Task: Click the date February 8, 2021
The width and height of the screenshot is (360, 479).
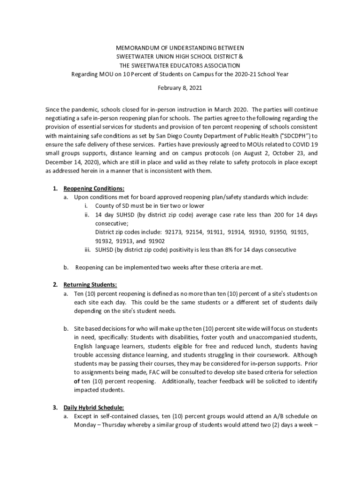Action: [x=180, y=87]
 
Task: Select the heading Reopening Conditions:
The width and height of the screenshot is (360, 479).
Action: [x=87, y=189]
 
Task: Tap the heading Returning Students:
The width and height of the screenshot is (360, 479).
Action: [x=90, y=285]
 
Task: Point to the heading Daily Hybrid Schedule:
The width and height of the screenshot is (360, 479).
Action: [x=94, y=407]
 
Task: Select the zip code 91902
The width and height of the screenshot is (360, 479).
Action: [x=157, y=241]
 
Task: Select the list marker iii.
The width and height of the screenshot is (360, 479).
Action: [x=87, y=250]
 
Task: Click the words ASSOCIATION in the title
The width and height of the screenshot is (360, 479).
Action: [x=218, y=66]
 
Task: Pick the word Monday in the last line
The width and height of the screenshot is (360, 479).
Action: [x=84, y=425]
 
